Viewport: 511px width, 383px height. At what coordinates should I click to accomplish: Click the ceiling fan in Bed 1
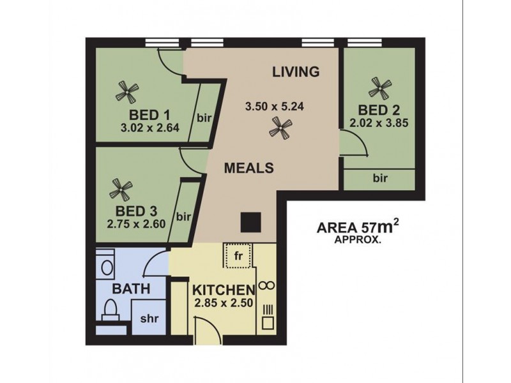126,93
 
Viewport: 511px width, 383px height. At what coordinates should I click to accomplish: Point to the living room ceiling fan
279,130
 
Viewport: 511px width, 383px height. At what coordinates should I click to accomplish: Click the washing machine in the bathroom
107,265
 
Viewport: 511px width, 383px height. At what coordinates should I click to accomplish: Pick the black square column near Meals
250,222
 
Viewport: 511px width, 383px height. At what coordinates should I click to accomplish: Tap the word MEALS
249,169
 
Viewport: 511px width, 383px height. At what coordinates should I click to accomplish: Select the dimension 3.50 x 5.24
275,107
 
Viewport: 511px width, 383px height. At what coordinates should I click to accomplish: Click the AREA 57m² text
353,227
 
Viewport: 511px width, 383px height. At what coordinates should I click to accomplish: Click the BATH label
132,289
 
